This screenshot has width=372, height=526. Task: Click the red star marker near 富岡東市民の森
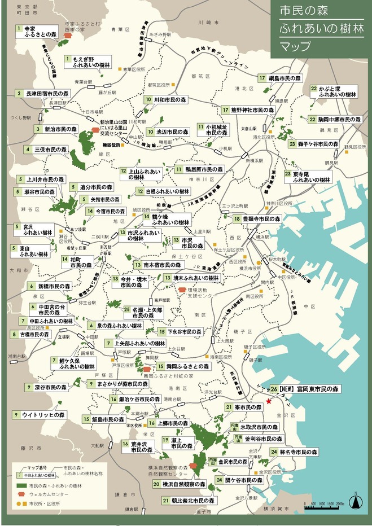[x=269, y=401]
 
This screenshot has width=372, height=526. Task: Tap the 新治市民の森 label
[x=61, y=129]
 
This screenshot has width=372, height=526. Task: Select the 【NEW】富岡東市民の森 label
[x=309, y=389]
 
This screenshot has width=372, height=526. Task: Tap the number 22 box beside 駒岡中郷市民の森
[x=312, y=120]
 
